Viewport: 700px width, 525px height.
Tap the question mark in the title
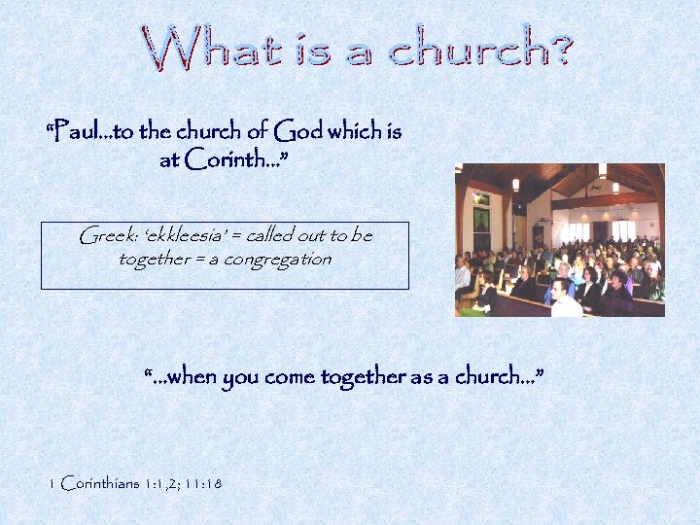click(557, 46)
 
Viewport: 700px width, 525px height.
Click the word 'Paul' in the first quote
click(76, 130)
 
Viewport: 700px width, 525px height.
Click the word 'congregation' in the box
click(276, 260)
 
